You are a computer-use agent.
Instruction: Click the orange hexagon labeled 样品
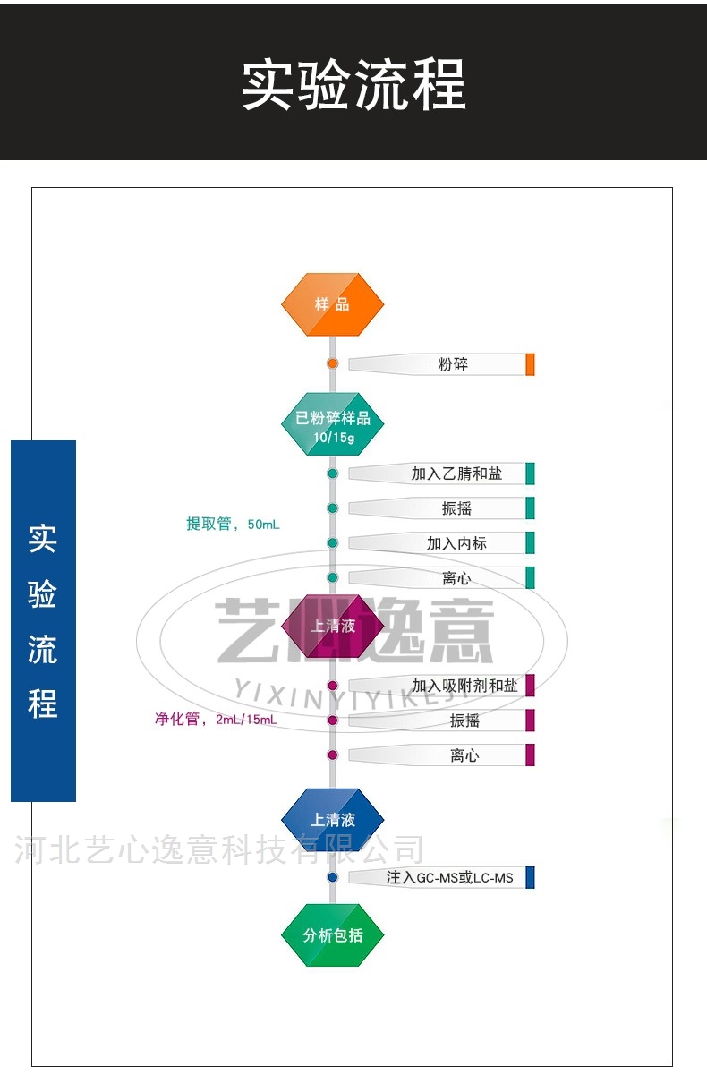coord(332,304)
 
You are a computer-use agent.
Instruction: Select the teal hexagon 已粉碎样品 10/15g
coord(332,424)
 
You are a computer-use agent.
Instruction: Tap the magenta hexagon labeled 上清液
coord(332,626)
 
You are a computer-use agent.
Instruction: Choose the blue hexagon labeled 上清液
coord(332,819)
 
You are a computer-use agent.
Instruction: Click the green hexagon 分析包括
coord(332,935)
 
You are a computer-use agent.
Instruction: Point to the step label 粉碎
coord(453,364)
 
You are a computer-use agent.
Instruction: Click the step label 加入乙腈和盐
coord(456,473)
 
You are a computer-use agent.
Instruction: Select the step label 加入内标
coord(456,543)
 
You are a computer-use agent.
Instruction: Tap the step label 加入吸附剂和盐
coord(464,686)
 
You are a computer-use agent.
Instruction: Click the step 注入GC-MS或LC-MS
coord(449,878)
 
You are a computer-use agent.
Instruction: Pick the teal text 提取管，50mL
coord(233,525)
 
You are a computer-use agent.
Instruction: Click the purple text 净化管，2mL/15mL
coord(216,719)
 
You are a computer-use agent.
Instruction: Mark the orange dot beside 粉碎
coord(332,363)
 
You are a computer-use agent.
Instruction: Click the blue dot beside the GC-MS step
coord(332,877)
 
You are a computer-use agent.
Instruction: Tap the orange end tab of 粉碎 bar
coord(530,364)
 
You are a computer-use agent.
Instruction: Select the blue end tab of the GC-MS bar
coord(530,877)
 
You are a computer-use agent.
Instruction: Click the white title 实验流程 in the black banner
coord(353,85)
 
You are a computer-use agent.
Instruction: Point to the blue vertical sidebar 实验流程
coord(43,620)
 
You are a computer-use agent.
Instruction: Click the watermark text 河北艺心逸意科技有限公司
coord(219,849)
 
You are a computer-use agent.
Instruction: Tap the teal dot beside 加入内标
coord(332,543)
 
